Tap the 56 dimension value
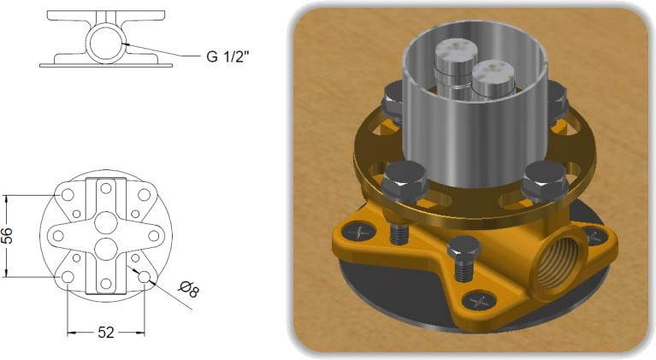tap(8, 236)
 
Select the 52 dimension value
tap(106, 333)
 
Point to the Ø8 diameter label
tap(188, 289)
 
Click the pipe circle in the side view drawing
tap(105, 42)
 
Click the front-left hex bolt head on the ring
tap(405, 180)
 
